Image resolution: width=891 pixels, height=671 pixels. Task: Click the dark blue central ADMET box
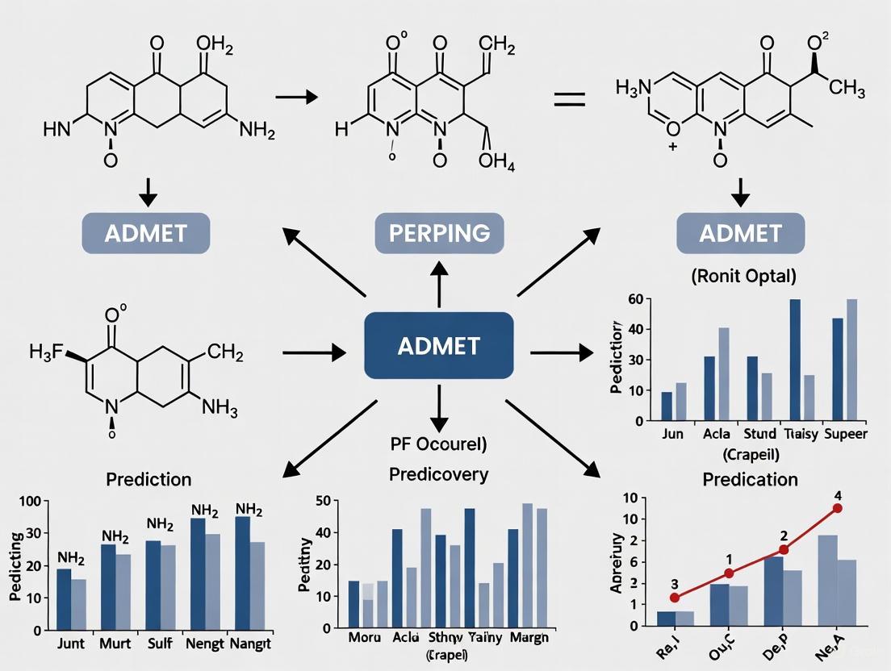point(438,345)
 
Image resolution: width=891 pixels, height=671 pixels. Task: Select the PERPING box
point(439,234)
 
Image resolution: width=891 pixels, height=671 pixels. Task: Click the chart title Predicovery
point(438,474)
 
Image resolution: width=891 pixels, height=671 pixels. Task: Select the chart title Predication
point(750,479)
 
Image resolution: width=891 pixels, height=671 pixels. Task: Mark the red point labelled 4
point(838,508)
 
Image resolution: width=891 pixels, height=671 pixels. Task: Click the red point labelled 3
point(675,598)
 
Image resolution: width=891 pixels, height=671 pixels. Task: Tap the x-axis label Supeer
point(845,434)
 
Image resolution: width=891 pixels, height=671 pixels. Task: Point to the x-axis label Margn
point(528,637)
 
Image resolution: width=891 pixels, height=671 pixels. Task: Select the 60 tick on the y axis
point(634,299)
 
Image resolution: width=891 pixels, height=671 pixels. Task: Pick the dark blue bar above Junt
point(63,599)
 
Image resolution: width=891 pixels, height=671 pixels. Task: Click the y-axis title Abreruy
point(617,562)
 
